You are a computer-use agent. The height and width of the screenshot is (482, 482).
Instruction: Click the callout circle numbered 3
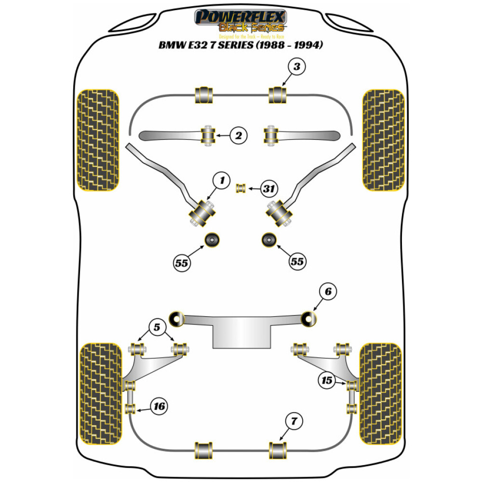point(297,67)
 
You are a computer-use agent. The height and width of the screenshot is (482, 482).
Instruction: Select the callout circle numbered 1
point(222,181)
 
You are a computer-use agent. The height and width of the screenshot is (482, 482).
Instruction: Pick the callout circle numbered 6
point(328,291)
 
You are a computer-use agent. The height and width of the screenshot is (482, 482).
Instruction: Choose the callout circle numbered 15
point(327,381)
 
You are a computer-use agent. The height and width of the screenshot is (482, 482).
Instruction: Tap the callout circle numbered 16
point(159,407)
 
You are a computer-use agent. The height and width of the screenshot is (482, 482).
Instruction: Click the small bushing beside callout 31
point(241,187)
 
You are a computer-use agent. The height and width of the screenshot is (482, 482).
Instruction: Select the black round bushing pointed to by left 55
point(212,239)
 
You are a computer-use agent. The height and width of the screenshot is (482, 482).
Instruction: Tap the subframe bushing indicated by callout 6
point(308,318)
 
